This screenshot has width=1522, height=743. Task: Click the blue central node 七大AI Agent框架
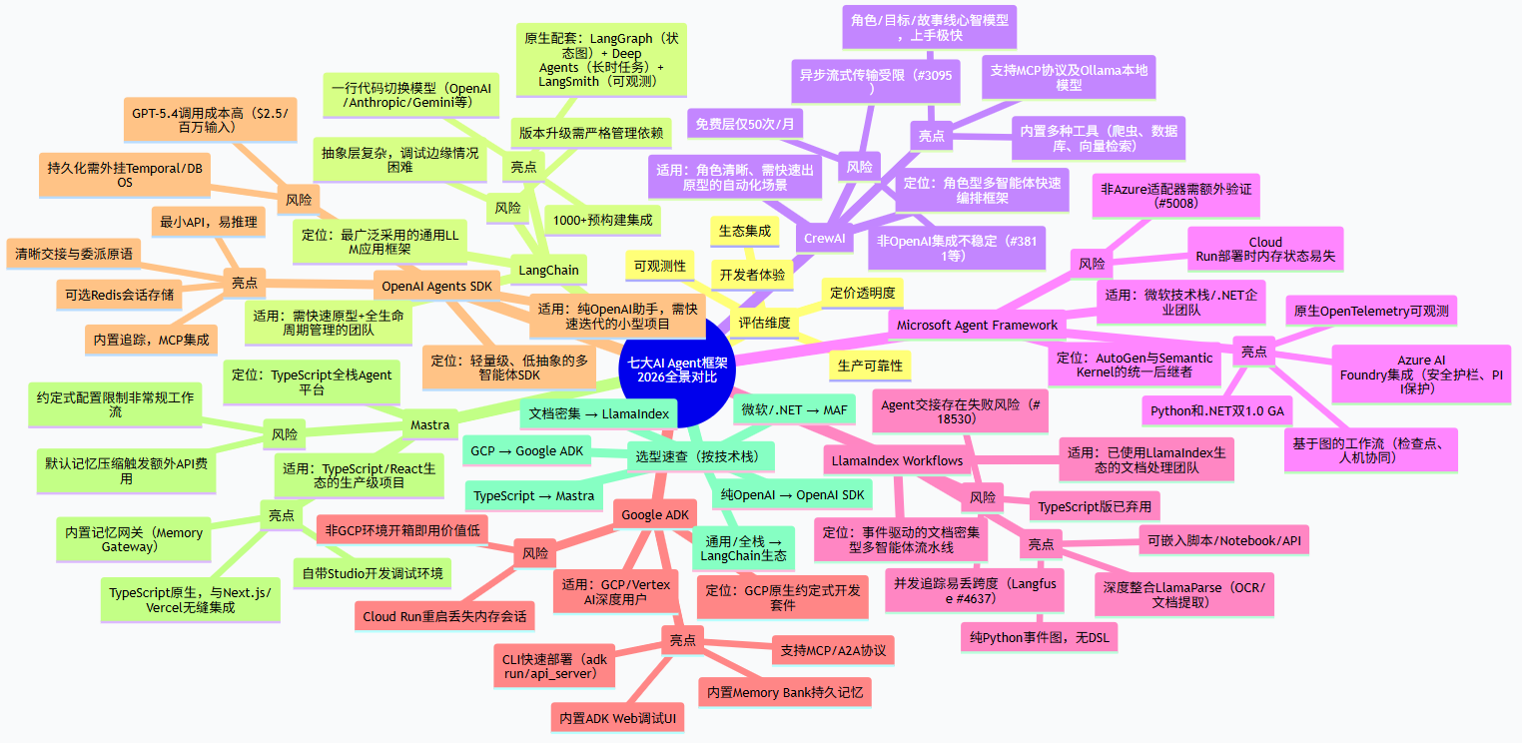click(x=677, y=371)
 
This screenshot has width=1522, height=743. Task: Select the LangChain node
click(x=548, y=271)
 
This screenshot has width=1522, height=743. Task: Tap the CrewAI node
click(x=824, y=239)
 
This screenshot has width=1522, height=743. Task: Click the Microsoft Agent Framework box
click(x=977, y=326)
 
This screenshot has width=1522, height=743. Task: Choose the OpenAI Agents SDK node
click(x=436, y=287)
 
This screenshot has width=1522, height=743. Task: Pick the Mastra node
click(x=429, y=425)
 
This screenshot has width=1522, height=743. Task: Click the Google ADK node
click(x=655, y=514)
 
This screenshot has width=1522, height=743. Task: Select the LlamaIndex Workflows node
click(x=897, y=461)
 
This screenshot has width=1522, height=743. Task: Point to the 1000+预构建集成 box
click(x=602, y=220)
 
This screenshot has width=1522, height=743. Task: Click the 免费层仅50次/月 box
click(x=745, y=124)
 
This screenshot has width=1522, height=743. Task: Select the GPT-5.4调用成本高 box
click(x=210, y=120)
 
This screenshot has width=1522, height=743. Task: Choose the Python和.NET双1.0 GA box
click(x=1217, y=410)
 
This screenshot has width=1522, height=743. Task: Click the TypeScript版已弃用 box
click(x=1095, y=506)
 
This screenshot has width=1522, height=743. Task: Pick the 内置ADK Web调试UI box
click(x=617, y=718)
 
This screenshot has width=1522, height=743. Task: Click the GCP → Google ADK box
click(x=526, y=451)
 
